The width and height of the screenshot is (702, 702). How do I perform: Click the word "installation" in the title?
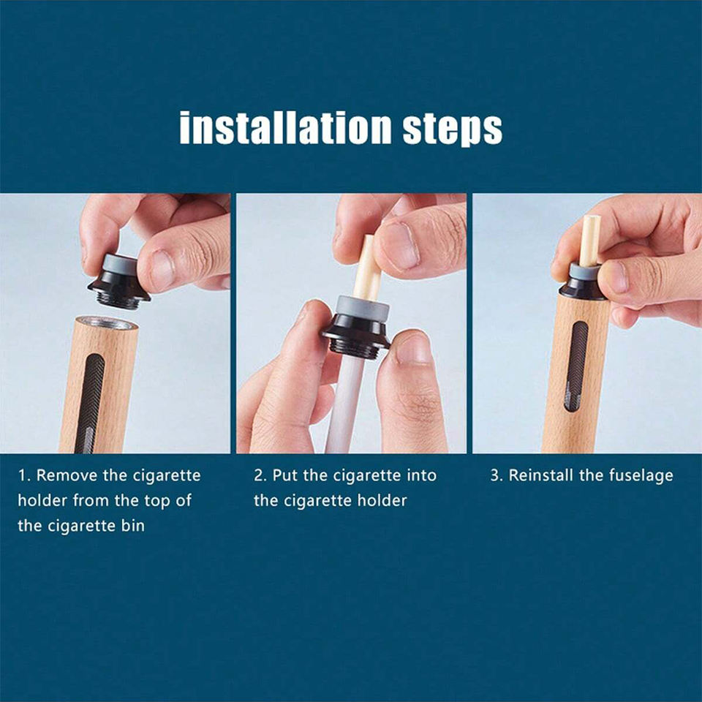pyautogui.click(x=286, y=127)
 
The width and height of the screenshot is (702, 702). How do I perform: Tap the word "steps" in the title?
pyautogui.click(x=452, y=130)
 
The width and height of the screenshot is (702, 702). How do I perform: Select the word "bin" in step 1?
pyautogui.click(x=133, y=525)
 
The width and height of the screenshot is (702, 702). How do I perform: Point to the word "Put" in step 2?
pyautogui.click(x=285, y=475)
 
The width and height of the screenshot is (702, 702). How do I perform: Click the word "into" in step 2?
pyautogui.click(x=421, y=475)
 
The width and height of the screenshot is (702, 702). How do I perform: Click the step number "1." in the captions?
pyautogui.click(x=24, y=475)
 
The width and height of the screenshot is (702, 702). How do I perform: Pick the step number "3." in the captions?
pyautogui.click(x=497, y=475)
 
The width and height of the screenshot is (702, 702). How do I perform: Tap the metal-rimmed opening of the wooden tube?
pyautogui.click(x=106, y=322)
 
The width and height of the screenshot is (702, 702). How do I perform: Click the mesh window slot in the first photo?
pyautogui.click(x=91, y=403)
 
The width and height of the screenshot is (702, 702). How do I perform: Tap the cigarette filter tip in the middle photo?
pyautogui.click(x=367, y=268)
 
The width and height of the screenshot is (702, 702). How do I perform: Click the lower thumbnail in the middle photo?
pyautogui.click(x=412, y=347)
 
